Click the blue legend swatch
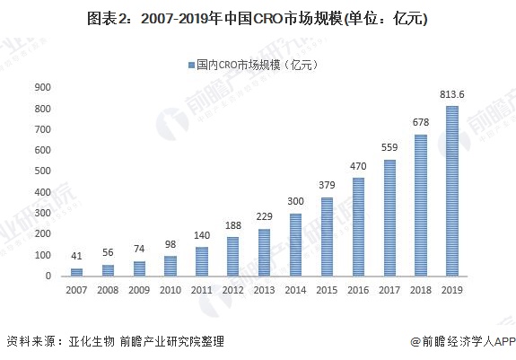click(191, 65)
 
